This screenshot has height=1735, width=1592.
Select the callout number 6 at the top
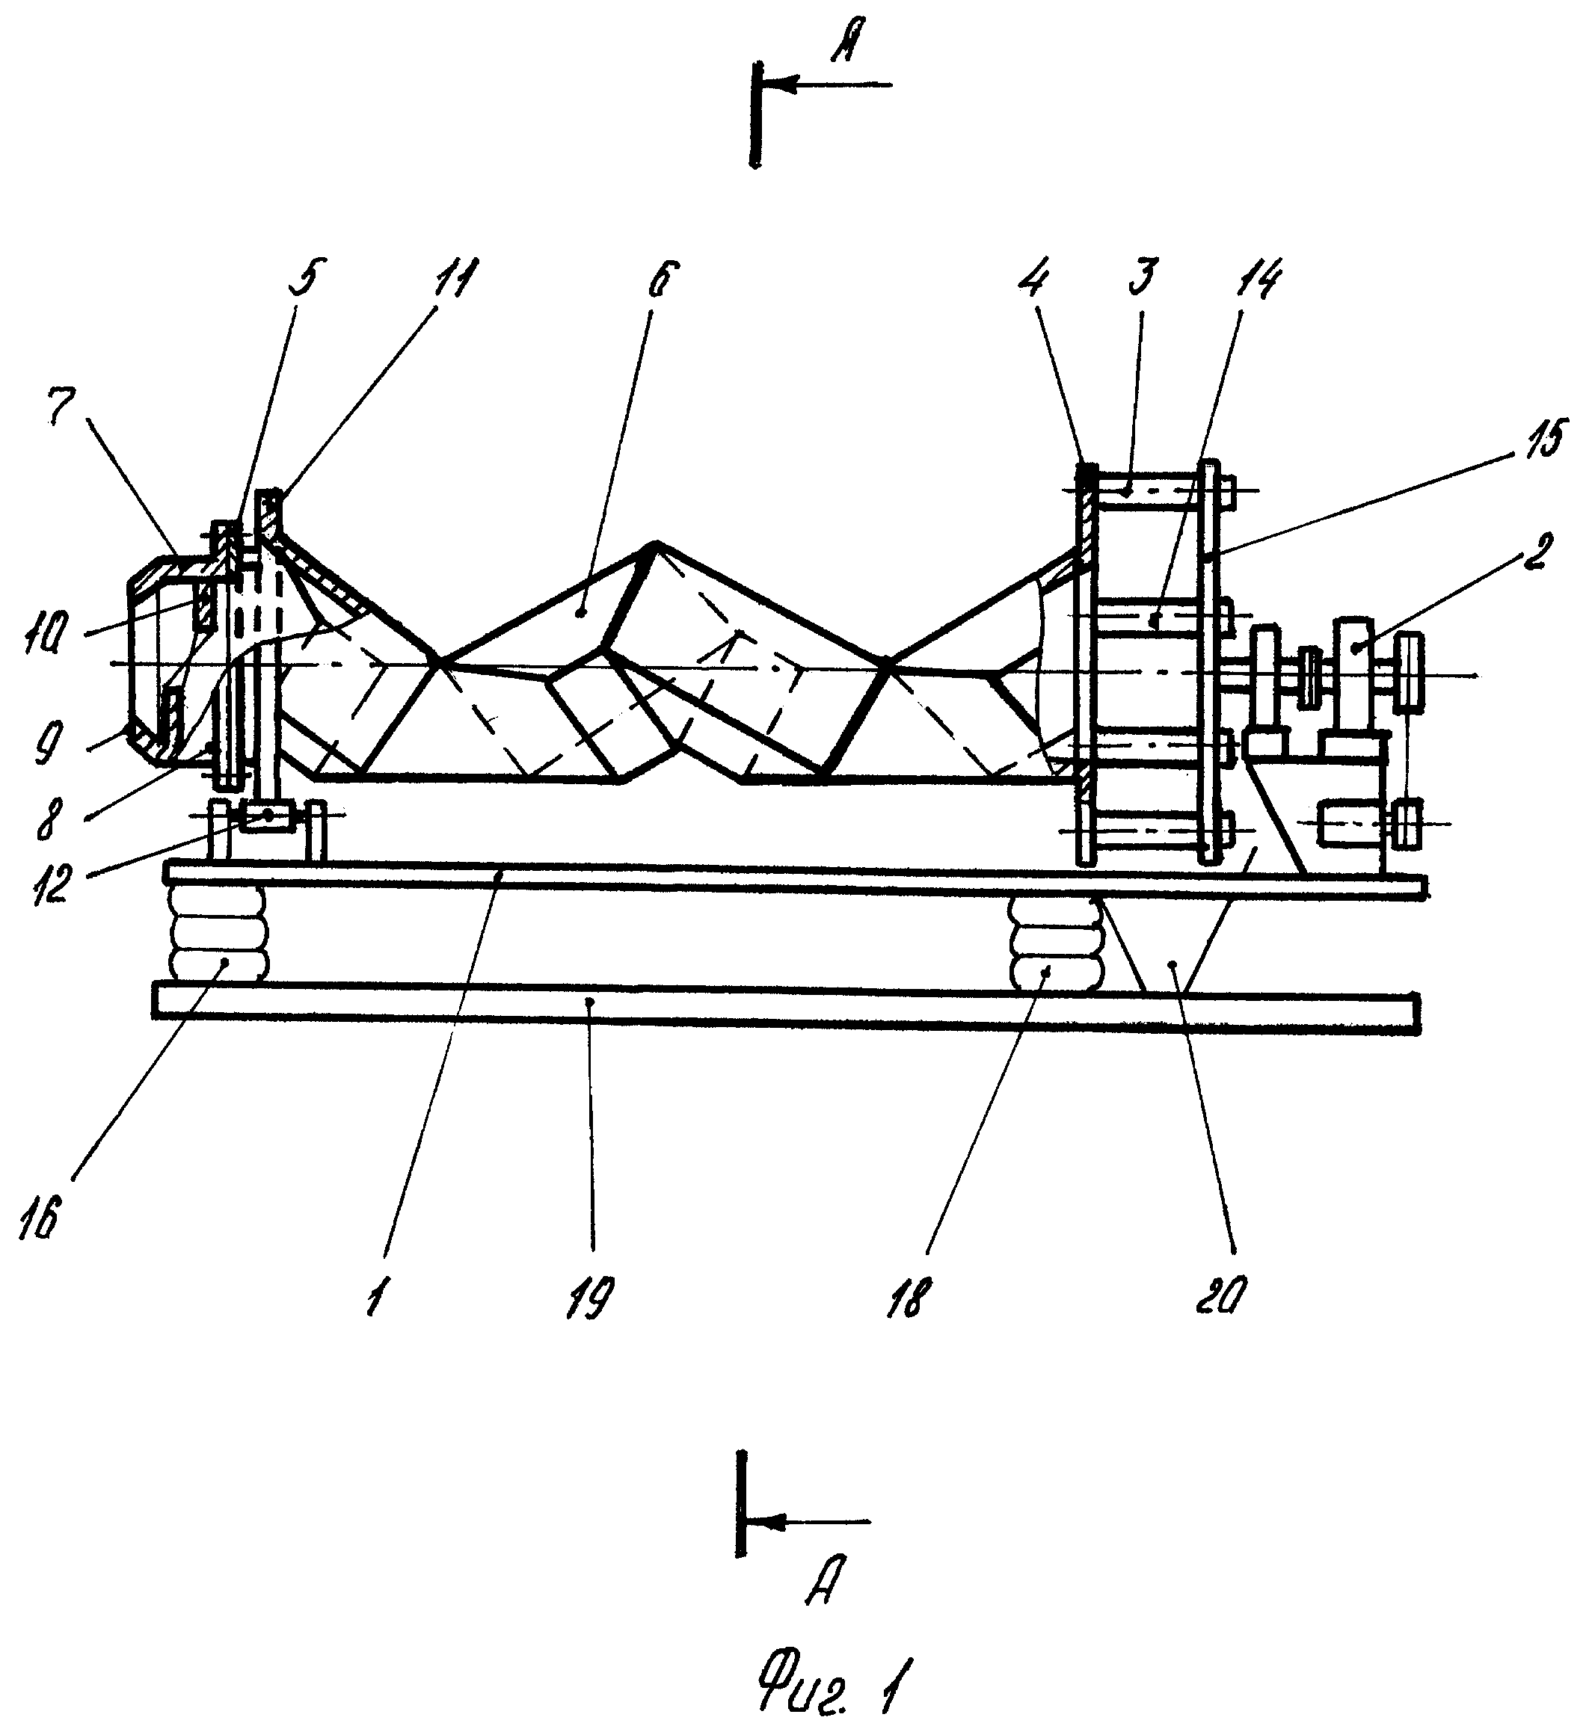[663, 280]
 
